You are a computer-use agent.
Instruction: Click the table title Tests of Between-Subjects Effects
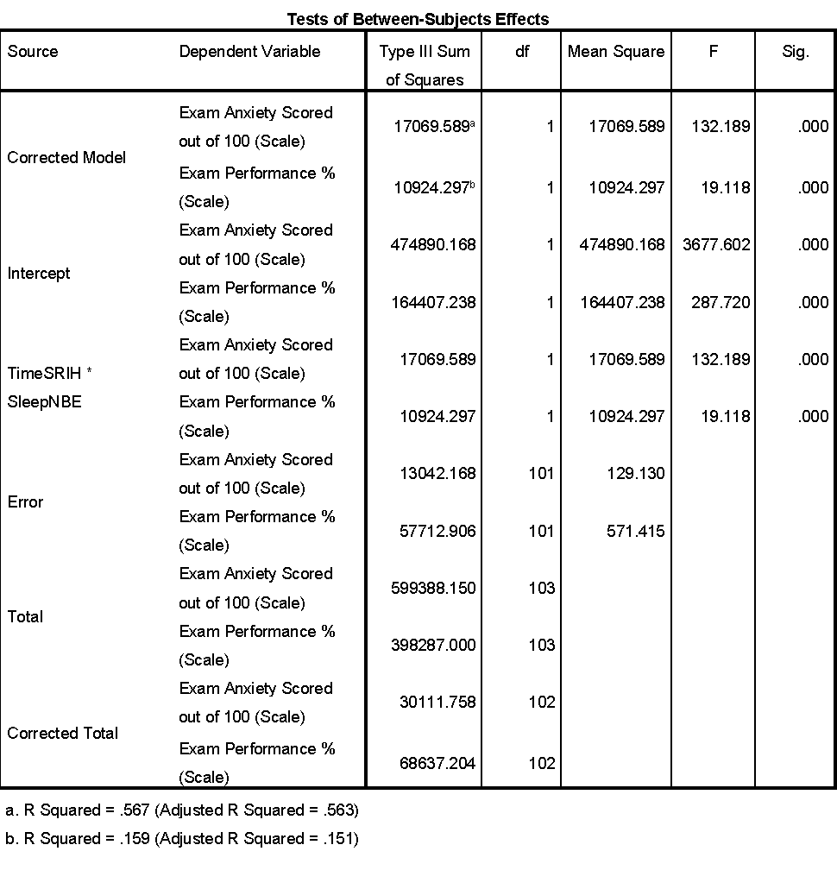click(418, 18)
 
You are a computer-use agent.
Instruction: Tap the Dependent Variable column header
click(249, 52)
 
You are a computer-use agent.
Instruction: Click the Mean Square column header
click(616, 52)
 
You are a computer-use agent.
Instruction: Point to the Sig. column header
click(795, 52)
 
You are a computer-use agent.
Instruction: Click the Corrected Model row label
click(66, 157)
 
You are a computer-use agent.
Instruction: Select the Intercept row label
click(39, 273)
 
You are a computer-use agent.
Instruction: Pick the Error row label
click(25, 501)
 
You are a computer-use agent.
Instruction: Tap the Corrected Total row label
click(63, 733)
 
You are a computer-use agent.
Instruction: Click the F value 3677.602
click(716, 244)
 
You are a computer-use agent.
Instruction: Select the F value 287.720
click(721, 302)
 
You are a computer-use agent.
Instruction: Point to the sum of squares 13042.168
click(437, 473)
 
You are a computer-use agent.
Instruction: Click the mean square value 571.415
click(635, 531)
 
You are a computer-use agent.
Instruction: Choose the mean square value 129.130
click(635, 473)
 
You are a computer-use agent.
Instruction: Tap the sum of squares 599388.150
click(433, 588)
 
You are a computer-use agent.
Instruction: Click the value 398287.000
click(433, 645)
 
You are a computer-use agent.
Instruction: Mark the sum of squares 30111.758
click(437, 702)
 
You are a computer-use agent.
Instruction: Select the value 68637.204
click(437, 763)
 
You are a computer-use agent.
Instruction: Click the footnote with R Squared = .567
click(182, 810)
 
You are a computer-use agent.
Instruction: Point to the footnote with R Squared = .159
click(182, 838)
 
